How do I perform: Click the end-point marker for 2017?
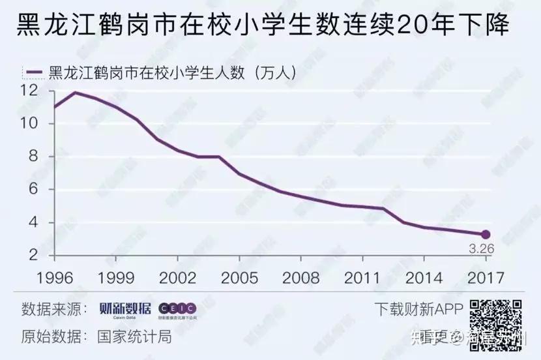click(x=485, y=234)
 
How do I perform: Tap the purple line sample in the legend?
click(x=32, y=71)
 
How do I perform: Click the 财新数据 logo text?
click(x=124, y=308)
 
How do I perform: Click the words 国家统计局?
click(x=135, y=337)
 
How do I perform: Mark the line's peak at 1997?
click(x=76, y=92)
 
